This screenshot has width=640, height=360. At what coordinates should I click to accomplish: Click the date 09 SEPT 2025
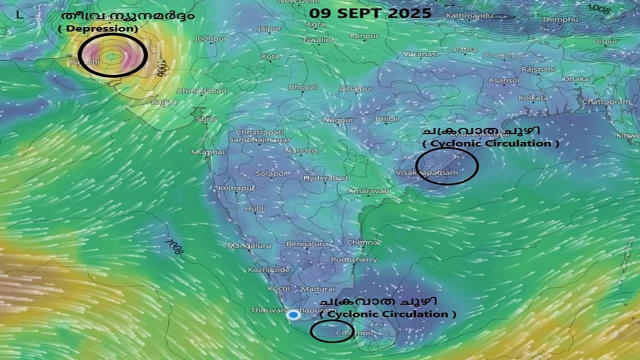370,13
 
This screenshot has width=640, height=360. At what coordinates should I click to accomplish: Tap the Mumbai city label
207,152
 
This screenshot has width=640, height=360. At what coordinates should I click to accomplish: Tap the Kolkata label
533,98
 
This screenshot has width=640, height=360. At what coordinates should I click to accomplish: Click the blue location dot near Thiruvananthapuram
293,315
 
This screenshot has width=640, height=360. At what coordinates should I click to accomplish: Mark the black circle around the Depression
112,55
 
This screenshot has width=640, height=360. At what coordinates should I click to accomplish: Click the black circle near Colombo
331,331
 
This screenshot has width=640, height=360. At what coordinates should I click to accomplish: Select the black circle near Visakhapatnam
446,166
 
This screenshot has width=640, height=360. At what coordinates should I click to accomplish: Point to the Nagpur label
338,120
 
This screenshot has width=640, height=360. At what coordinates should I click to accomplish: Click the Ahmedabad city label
201,91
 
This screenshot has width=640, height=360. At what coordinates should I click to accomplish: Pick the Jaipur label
269,28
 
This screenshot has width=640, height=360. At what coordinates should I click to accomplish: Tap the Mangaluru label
249,245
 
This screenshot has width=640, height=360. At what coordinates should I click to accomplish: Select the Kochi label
278,288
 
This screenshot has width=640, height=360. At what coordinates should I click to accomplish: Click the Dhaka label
576,79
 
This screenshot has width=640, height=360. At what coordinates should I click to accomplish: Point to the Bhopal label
302,87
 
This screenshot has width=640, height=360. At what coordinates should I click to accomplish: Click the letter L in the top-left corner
19,14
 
